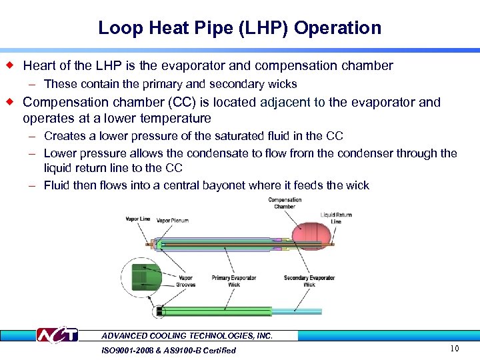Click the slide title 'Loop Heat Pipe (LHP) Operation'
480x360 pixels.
coord(239,28)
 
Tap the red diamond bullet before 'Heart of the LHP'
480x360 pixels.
coord(9,65)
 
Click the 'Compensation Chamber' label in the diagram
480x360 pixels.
coord(284,203)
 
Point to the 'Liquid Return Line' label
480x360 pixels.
coord(336,218)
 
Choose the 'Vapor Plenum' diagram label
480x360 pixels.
coord(173,219)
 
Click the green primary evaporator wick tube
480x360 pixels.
coord(213,311)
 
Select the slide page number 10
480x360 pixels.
coord(455,349)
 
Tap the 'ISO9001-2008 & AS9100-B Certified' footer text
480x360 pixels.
coord(169,350)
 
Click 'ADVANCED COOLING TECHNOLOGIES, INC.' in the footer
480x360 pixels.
coord(187,336)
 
